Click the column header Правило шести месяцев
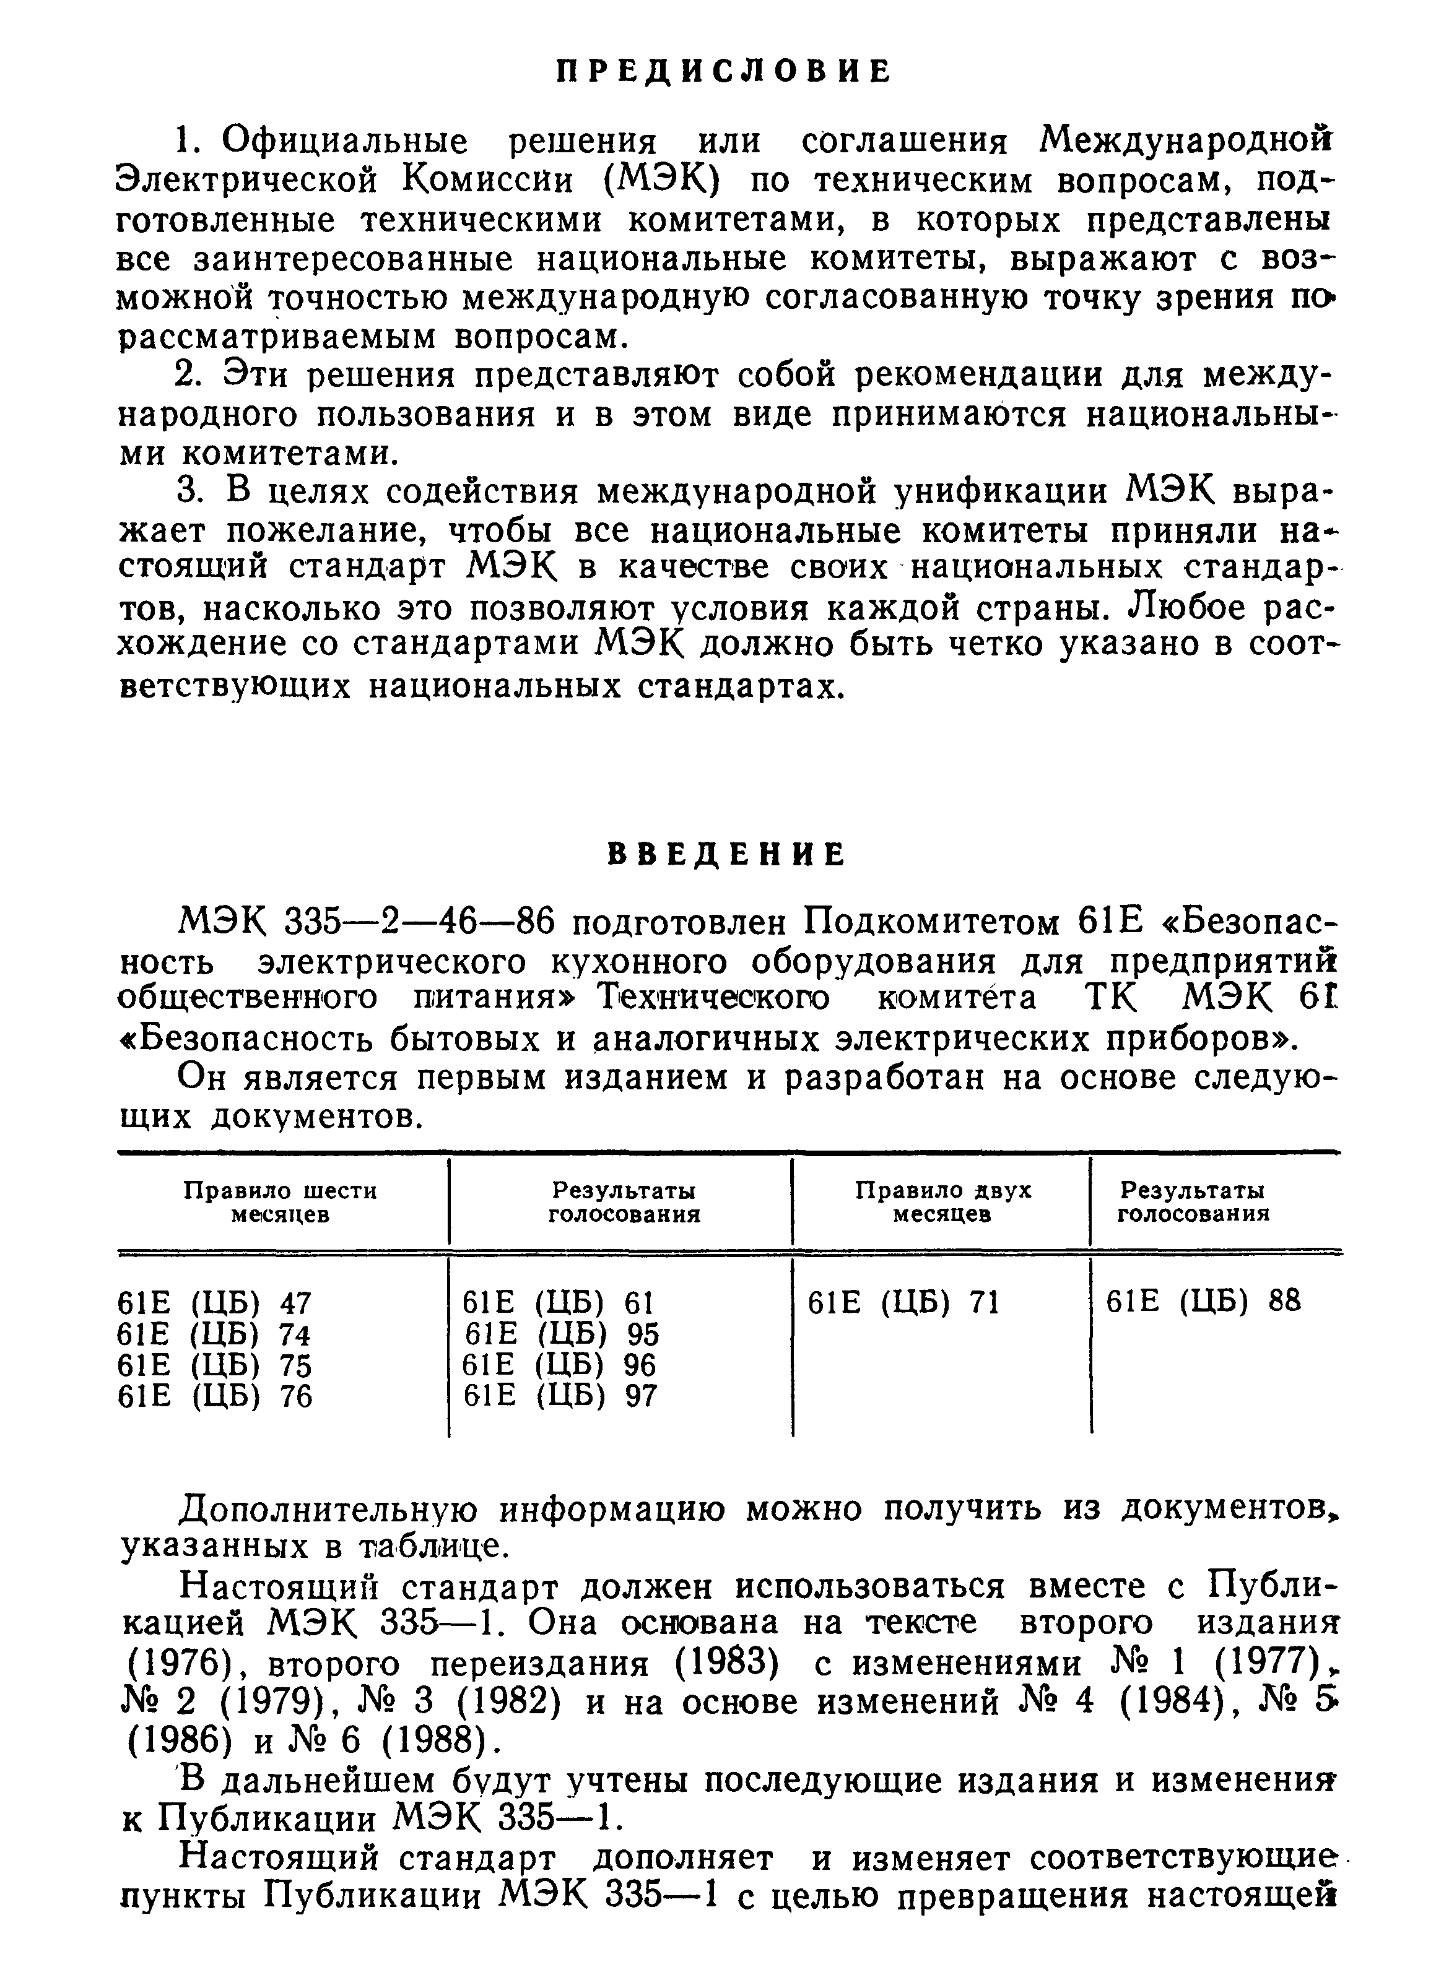point(281,1201)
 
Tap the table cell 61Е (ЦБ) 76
point(214,1396)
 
